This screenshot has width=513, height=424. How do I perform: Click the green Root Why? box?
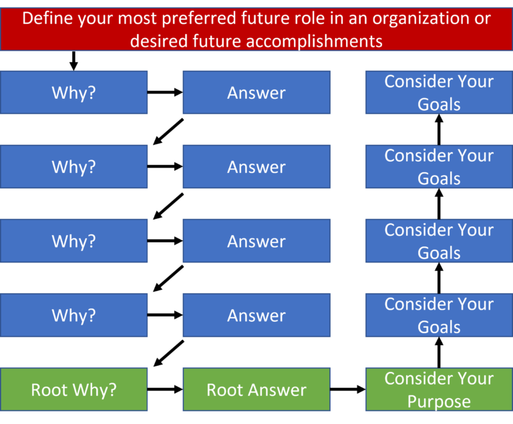[73, 389]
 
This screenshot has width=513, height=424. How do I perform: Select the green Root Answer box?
[256, 389]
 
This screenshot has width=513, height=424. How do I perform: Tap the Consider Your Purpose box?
[439, 389]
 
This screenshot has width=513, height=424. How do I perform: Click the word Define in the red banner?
[48, 18]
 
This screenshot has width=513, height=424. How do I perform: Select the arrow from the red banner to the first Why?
[73, 61]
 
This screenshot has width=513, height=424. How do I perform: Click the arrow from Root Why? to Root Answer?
[165, 389]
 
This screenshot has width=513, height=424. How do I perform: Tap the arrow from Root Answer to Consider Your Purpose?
[348, 389]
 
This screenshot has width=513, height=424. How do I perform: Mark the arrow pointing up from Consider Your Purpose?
[439, 353]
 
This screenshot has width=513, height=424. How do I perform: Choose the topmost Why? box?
[73, 92]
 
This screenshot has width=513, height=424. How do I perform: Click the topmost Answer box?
[256, 92]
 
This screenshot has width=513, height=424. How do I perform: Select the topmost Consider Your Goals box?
[439, 92]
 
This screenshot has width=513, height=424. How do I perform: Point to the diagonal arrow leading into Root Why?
[168, 354]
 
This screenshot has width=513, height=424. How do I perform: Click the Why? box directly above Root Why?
[73, 315]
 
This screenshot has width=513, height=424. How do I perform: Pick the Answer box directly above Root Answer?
[256, 315]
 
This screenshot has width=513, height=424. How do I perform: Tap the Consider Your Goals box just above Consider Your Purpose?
[439, 315]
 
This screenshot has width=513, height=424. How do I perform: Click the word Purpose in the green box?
[439, 402]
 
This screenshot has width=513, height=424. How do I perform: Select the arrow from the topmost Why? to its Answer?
[165, 92]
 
